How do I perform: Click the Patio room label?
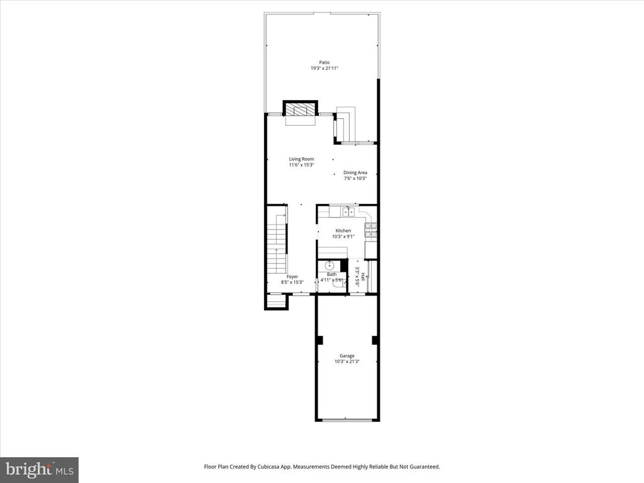point(325,62)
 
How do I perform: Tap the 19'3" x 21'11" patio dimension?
point(325,69)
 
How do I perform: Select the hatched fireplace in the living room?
point(300,109)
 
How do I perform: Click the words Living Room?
point(301,159)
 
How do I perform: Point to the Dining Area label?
point(355,172)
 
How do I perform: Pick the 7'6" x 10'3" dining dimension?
point(355,178)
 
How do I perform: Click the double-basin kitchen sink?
point(348,212)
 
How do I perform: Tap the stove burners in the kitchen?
point(371,230)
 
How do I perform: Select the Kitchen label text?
point(343,230)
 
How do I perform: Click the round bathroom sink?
point(330,265)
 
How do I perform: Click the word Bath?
point(332,274)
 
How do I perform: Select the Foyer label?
point(292,277)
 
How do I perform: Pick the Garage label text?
point(347,356)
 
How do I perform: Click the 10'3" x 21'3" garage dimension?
point(347,362)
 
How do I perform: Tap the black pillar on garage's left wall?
point(320,340)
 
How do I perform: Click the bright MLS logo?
point(40,469)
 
